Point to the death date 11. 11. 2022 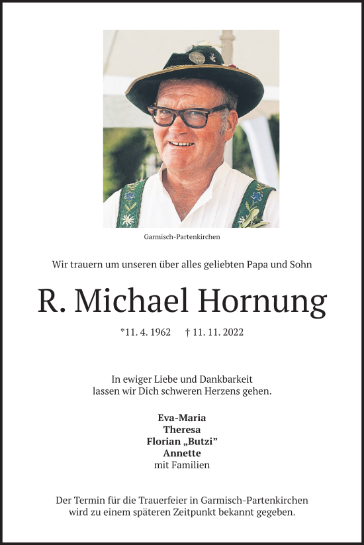218,332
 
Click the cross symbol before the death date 188,332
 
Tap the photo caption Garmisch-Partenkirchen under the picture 181,236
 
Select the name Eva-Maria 182,418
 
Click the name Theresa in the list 182,430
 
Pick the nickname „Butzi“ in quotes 201,442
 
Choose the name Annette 182,454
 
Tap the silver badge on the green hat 197,57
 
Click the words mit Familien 182,466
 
